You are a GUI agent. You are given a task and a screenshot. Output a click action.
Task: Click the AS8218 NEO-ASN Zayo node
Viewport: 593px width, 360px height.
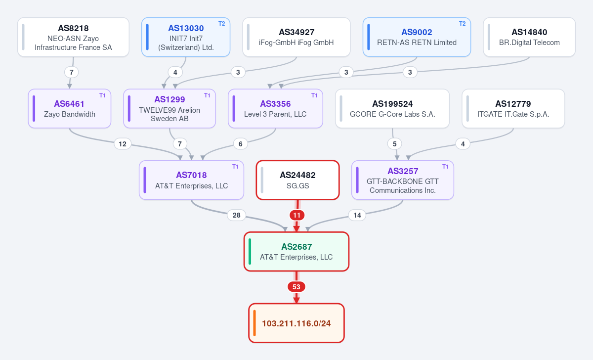point(73,37)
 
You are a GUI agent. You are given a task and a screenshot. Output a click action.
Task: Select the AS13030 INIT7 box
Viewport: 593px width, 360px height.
point(186,37)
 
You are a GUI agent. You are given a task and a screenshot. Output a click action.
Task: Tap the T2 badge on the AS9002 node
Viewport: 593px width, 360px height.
point(462,24)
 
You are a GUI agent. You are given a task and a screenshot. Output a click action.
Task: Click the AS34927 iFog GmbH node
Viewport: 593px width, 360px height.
point(296,37)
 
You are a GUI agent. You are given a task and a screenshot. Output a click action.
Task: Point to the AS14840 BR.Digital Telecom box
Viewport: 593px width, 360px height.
point(529,37)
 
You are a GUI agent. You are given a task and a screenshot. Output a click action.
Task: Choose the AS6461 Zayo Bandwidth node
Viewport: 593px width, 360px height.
point(70,109)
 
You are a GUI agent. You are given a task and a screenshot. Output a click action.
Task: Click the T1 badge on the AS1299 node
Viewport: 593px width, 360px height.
point(207,95)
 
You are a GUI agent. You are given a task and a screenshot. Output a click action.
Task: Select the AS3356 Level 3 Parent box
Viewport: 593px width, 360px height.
point(275,109)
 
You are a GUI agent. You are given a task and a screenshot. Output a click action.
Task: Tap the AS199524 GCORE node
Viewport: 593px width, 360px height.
point(392,109)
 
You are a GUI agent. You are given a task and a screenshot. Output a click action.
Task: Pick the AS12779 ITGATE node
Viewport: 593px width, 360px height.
point(513,109)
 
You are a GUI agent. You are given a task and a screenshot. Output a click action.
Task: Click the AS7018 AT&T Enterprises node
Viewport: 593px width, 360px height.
point(191,180)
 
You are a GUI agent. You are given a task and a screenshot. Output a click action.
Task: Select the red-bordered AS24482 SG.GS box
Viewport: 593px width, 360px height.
point(297,180)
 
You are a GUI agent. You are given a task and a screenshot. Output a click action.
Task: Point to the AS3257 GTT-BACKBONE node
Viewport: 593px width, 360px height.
point(403,180)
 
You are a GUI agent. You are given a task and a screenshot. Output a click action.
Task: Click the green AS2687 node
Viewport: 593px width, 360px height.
point(296,252)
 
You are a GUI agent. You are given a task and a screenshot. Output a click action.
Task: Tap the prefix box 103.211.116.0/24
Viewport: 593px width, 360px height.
point(296,323)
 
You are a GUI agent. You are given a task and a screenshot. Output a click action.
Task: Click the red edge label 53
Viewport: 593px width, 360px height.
point(296,287)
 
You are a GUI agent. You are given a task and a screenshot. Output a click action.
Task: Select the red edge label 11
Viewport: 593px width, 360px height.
point(297,216)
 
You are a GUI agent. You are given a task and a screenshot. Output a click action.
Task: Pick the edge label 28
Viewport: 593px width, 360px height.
point(236,215)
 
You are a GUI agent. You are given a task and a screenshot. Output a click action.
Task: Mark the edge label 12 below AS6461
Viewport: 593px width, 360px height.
point(123,144)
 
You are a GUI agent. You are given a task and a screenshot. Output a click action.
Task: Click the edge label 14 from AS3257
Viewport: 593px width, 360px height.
point(357,215)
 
